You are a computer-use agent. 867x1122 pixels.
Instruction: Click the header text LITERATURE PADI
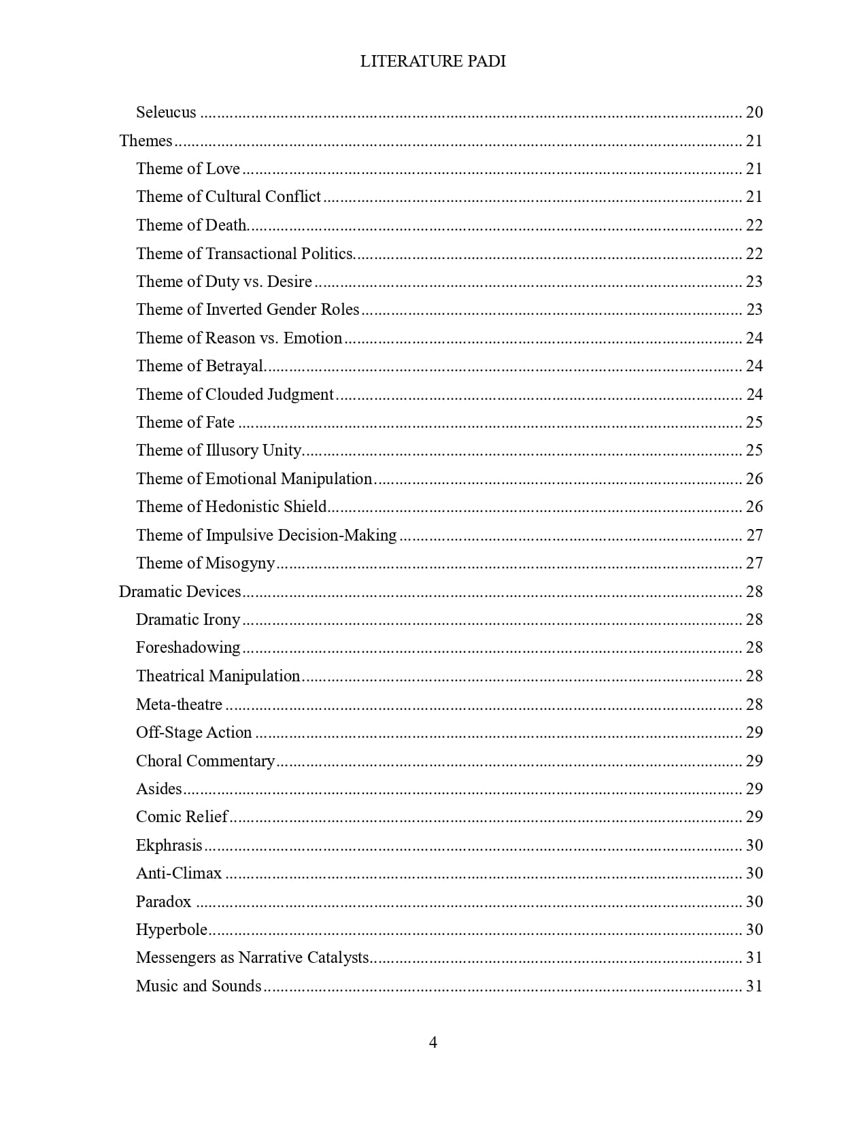[x=432, y=61]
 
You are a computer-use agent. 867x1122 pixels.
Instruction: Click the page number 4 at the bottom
[x=433, y=1042]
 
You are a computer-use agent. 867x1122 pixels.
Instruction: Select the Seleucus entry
[x=166, y=112]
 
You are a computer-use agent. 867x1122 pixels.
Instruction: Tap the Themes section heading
[x=146, y=141]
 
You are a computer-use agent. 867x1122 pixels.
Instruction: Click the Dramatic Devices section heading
[x=180, y=591]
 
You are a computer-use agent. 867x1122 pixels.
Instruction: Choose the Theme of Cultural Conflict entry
[x=228, y=197]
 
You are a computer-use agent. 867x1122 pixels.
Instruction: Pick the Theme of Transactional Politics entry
[x=245, y=254]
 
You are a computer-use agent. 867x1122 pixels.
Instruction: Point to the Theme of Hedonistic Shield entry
[x=231, y=507]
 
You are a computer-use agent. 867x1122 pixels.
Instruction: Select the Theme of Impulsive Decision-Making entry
[x=266, y=535]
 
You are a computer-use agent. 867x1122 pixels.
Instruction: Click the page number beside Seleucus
[x=754, y=112]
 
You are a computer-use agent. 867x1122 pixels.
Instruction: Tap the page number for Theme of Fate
[x=754, y=422]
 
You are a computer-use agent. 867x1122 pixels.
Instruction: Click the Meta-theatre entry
[x=179, y=704]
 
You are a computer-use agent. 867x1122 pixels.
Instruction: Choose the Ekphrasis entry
[x=169, y=845]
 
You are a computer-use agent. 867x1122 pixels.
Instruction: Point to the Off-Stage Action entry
[x=194, y=732]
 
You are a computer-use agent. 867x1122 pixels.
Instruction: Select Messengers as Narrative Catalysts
[x=252, y=957]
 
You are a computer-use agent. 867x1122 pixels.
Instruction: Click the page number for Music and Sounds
[x=754, y=986]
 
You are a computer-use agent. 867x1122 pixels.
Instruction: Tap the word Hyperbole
[x=171, y=930]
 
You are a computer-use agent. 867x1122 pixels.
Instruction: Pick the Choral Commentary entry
[x=205, y=761]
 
